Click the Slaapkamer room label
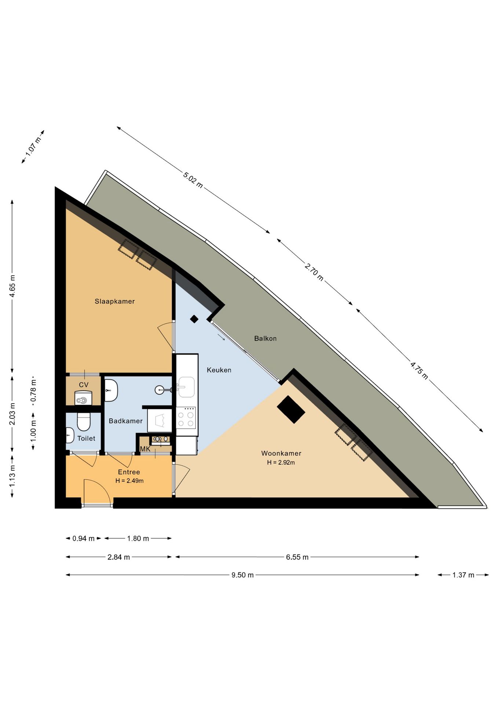click(115, 301)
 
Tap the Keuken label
click(219, 370)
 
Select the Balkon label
click(265, 338)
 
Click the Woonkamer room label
click(281, 453)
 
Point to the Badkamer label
click(125, 421)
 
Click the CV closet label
click(84, 385)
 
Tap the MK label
click(145, 449)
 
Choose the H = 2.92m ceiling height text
click(281, 463)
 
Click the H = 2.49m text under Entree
click(129, 481)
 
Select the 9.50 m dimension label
click(242, 575)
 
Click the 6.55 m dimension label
click(297, 557)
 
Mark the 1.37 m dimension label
click(463, 575)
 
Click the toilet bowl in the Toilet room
click(84, 422)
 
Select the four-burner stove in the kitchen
click(186, 418)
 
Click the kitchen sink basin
click(186, 387)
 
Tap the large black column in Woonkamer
click(291, 410)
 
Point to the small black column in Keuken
click(194, 319)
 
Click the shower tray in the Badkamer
click(160, 420)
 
